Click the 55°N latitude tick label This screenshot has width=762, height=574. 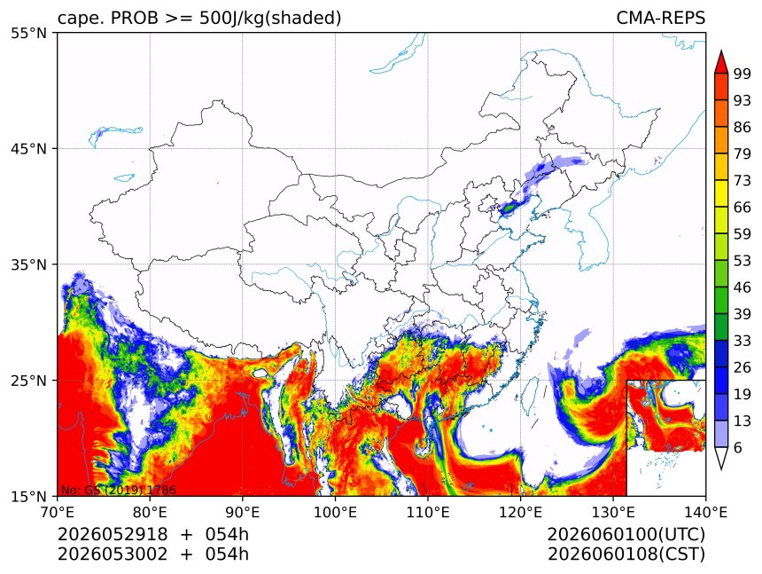[28, 33]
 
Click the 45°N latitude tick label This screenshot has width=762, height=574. [28, 148]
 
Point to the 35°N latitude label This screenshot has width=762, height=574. [28, 264]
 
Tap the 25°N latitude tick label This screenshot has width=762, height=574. [28, 380]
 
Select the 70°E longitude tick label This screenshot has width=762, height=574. [58, 512]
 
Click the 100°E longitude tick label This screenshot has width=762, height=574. [335, 512]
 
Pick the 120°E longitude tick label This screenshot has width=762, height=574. [520, 512]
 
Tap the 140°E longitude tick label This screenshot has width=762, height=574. [705, 512]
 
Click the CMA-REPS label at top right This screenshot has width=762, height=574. [660, 18]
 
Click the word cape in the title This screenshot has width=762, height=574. [76, 19]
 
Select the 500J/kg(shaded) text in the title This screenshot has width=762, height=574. [270, 19]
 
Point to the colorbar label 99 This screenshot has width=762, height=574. [743, 74]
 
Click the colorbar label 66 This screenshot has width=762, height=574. [743, 208]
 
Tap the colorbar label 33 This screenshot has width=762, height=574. [743, 341]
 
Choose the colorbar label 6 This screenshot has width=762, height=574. [738, 447]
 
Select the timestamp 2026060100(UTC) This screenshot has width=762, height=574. [626, 534]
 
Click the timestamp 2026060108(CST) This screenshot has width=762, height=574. [626, 554]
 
